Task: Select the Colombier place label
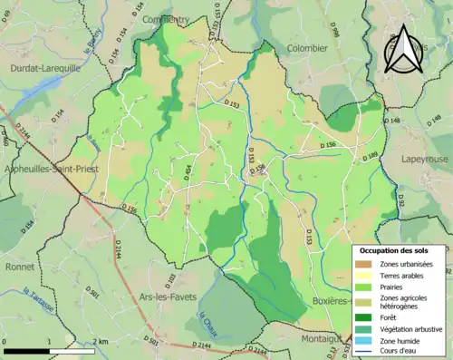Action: click(x=306, y=48)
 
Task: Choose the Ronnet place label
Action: click(x=18, y=267)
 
